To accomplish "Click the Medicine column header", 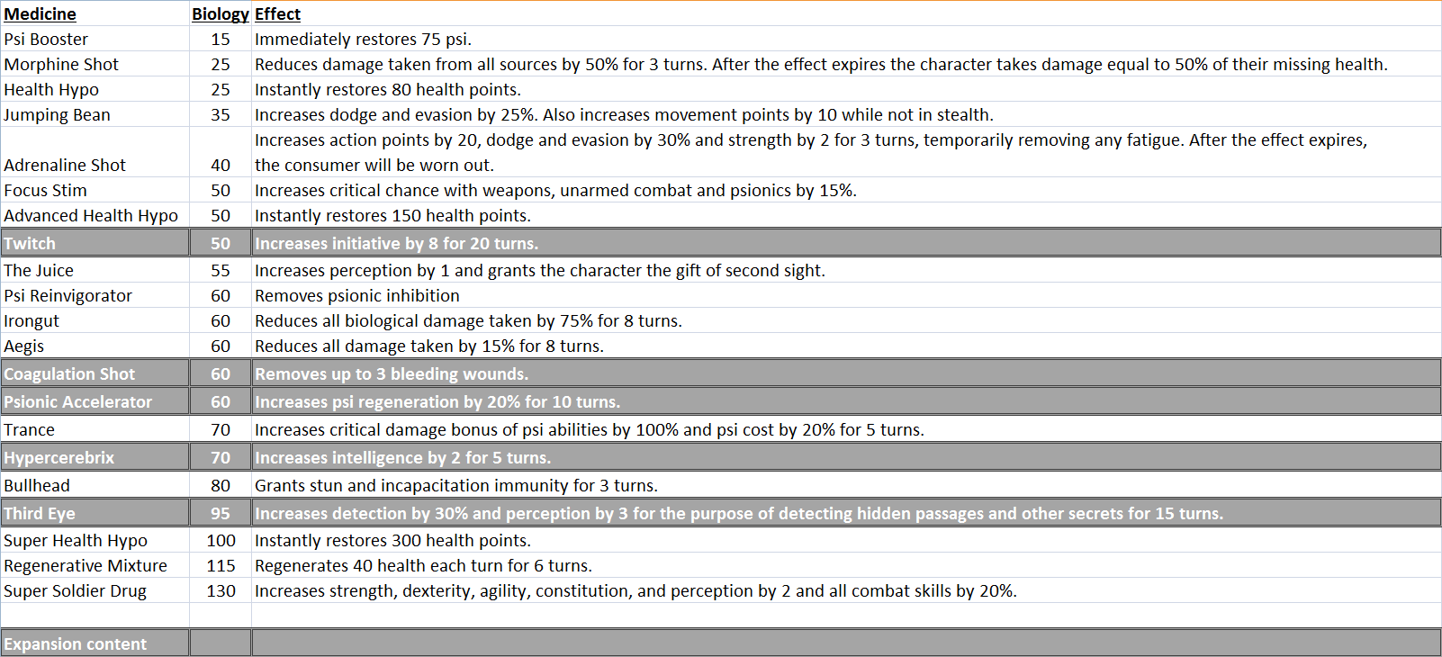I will point(40,14).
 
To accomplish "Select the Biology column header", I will point(220,14).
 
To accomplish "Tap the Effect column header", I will point(277,14).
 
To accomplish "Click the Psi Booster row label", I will point(46,40).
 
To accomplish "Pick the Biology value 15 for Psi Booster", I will point(221,40).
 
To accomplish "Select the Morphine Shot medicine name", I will point(61,65).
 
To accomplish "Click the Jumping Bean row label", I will point(57,115).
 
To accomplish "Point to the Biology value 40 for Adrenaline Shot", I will point(221,166).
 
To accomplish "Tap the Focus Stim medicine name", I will point(45,191).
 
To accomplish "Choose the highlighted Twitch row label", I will point(30,244).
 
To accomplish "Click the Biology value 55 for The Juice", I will point(221,271).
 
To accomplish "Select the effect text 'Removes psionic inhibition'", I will point(356,296).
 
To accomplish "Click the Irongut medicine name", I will point(32,321).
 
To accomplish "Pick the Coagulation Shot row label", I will point(69,374).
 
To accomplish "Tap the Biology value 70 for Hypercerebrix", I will point(221,458).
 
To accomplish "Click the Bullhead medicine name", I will point(37,486).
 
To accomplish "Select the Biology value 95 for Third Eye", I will point(221,514).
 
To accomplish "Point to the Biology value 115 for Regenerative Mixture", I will point(221,566).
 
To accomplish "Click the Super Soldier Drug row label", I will point(75,591).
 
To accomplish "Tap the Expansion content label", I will point(75,644).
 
